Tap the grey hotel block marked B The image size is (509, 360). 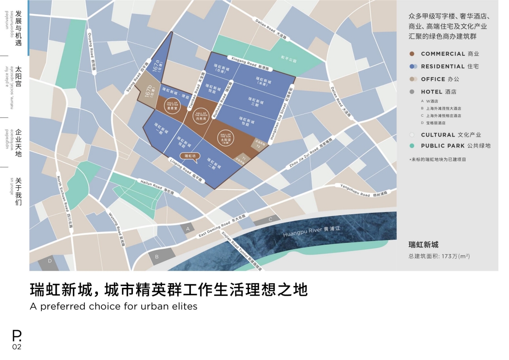[x=157, y=256]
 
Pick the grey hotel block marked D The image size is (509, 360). [x=50, y=262]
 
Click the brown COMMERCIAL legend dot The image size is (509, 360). [x=412, y=54]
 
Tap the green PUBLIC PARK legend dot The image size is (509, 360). [x=412, y=146]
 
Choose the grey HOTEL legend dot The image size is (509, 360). [x=412, y=92]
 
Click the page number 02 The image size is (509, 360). [x=16, y=347]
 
